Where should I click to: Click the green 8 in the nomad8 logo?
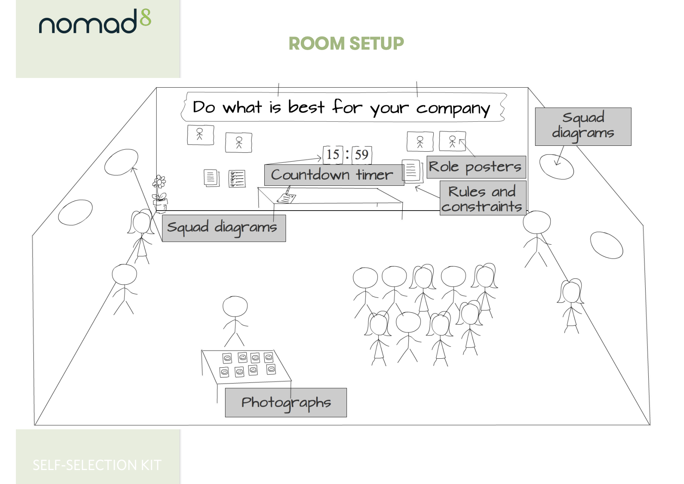coord(145,18)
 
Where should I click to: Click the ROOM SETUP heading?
coord(346,43)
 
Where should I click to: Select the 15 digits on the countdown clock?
coord(333,154)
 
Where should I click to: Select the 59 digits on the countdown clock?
coord(362,155)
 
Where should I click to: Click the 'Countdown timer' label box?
coord(334,175)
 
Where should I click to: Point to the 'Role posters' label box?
coord(476,167)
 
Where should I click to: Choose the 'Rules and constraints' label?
coord(482,199)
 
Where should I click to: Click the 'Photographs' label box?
coord(286,403)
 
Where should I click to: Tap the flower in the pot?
coord(159,182)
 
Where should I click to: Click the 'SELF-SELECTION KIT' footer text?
coord(97,465)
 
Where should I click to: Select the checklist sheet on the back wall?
coord(237,179)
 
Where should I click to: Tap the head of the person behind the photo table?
coord(235,307)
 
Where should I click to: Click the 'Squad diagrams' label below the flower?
coord(224,228)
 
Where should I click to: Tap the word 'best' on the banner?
coord(306,107)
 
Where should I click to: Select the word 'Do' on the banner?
coord(204,107)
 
